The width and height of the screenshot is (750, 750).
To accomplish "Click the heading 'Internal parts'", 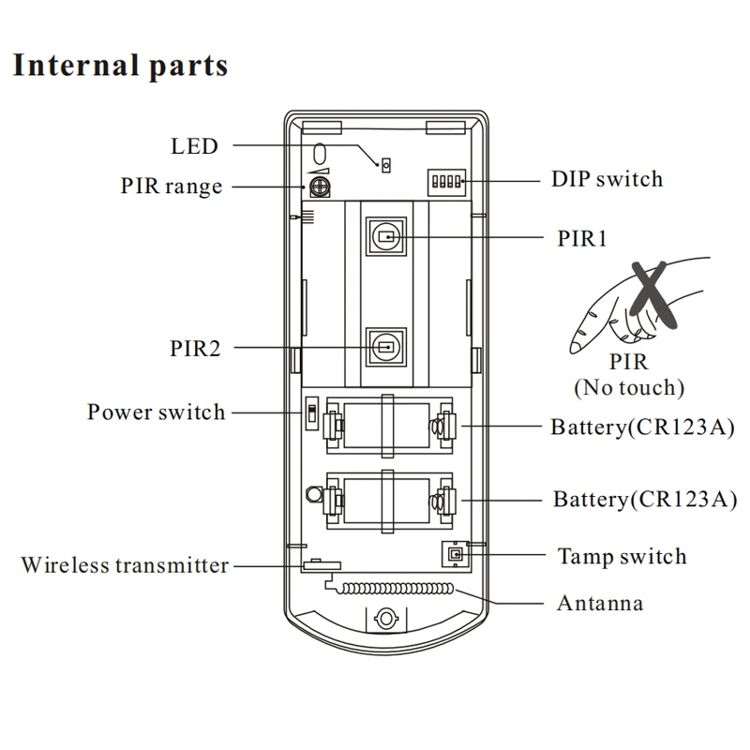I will [x=120, y=67].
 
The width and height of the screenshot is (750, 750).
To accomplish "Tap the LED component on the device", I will [x=384, y=165].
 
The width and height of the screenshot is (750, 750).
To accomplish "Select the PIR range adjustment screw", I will [x=320, y=187].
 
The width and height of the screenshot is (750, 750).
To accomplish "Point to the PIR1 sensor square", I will [x=385, y=237].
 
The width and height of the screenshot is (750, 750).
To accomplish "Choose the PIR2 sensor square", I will [x=385, y=346].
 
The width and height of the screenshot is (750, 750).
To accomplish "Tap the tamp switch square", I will [x=455, y=555].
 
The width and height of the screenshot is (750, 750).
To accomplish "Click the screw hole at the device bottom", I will [x=384, y=620].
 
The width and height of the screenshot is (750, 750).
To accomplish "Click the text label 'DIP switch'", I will [x=606, y=179].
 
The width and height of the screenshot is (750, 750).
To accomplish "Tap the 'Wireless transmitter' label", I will [x=125, y=565].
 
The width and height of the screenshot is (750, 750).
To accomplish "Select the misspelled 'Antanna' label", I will [x=600, y=603].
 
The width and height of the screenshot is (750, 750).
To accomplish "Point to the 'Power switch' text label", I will [x=157, y=412].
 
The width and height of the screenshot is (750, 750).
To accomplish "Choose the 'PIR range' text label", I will [x=172, y=187].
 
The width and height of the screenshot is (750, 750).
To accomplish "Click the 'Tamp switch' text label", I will [x=622, y=556].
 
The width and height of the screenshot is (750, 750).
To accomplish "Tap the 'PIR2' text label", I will [x=196, y=349].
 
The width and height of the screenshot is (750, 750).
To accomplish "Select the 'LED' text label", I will [x=194, y=146].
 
